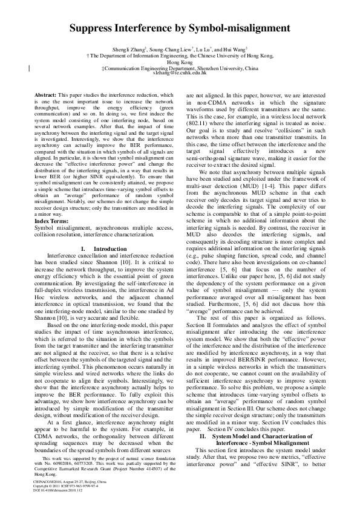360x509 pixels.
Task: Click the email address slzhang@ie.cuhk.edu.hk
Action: tap(180, 73)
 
